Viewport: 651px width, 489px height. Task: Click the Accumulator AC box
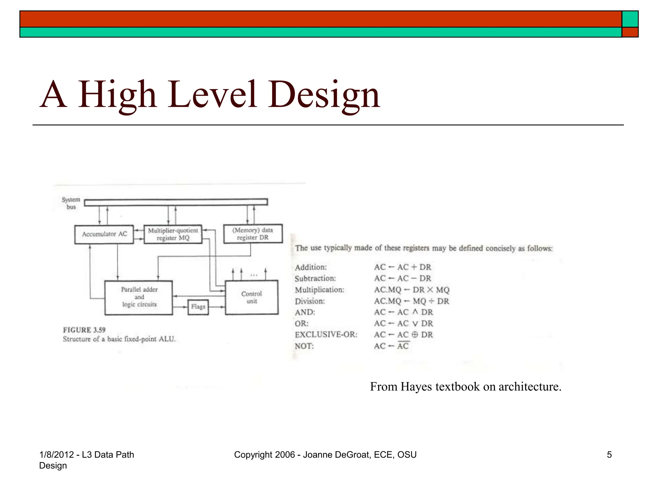pyautogui.click(x=104, y=235)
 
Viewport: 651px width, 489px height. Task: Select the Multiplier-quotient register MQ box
pyautogui.click(x=173, y=234)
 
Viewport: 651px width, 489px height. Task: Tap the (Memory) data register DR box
pyautogui.click(x=253, y=234)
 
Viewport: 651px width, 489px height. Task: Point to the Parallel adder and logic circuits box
pyautogui.click(x=139, y=297)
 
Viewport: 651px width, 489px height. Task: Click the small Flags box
pyautogui.click(x=198, y=307)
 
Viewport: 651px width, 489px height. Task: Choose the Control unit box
pyautogui.click(x=252, y=297)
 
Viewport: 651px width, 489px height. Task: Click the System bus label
pyautogui.click(x=71, y=203)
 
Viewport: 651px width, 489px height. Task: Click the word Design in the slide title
pyautogui.click(x=324, y=95)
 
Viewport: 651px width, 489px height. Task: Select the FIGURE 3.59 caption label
pyautogui.click(x=84, y=330)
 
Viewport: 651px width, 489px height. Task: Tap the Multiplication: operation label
pyautogui.click(x=319, y=290)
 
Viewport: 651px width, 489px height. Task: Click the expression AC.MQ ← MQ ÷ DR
pyautogui.click(x=411, y=301)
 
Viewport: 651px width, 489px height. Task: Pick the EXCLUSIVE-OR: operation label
pyautogui.click(x=326, y=335)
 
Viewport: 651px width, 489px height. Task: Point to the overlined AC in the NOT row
pyautogui.click(x=403, y=346)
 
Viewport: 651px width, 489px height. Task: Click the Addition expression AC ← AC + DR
pyautogui.click(x=402, y=267)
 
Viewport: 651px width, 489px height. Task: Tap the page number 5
pyautogui.click(x=609, y=455)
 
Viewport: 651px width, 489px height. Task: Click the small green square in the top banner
pyautogui.click(x=630, y=19)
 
